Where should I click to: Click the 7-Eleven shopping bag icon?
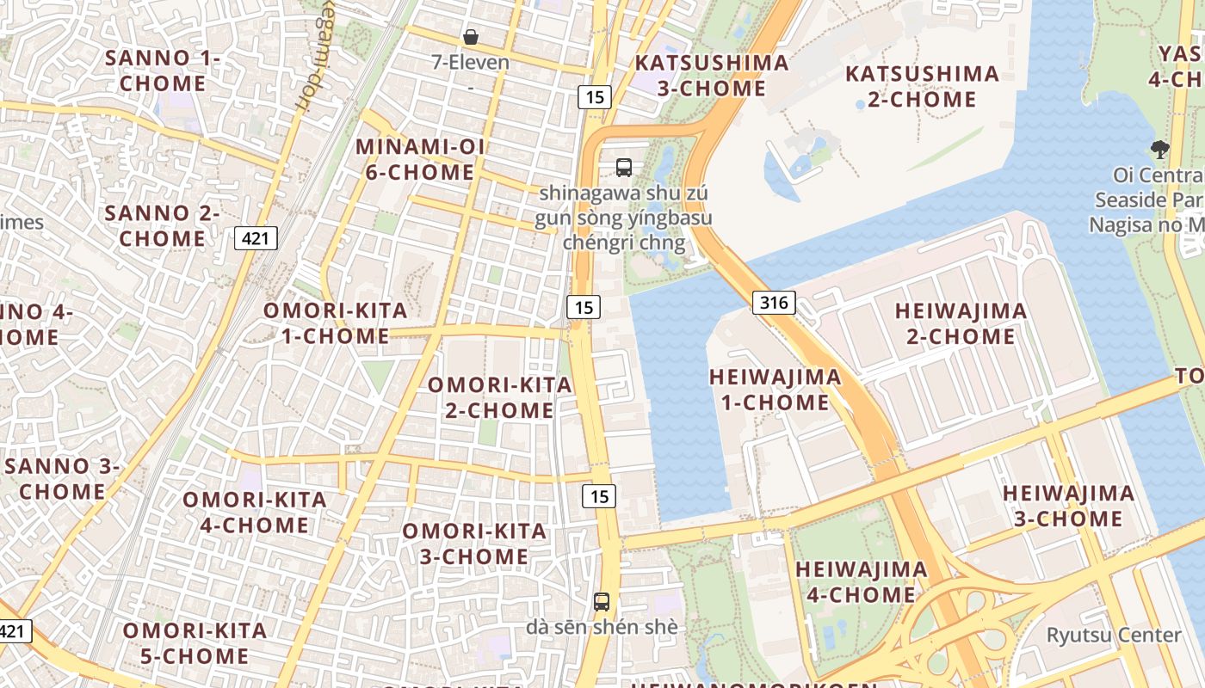[471, 37]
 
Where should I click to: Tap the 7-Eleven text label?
[471, 63]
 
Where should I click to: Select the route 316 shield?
[774, 302]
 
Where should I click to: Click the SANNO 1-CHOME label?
[163, 71]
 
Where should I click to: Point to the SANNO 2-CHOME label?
[163, 225]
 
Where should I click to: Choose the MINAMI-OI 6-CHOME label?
[420, 159]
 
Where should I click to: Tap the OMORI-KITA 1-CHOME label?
[336, 323]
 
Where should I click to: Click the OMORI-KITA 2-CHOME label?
[500, 397]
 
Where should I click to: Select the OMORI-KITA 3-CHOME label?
[474, 544]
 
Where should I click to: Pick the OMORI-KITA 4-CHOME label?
[255, 512]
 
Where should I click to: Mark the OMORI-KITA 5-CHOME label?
[195, 643]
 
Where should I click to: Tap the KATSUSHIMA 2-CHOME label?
[922, 86]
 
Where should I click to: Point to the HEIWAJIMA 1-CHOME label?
[775, 389]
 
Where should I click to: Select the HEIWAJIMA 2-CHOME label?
[961, 323]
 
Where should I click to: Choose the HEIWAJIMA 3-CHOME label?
[1068, 506]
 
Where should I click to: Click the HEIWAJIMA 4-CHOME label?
[861, 581]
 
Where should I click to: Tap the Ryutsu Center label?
[1113, 636]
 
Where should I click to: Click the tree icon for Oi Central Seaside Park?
[1160, 150]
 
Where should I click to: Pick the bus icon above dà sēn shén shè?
[602, 602]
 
